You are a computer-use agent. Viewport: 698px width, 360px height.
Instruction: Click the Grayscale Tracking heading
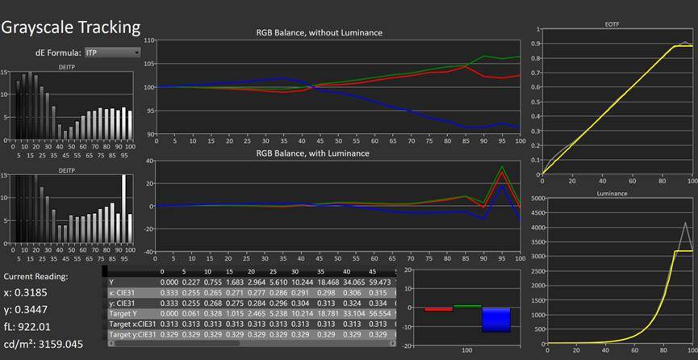tap(71, 27)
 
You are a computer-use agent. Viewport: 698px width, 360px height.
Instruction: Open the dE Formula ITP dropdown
tap(112, 52)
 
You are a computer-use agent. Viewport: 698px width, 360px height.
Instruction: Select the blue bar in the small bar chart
tap(496, 319)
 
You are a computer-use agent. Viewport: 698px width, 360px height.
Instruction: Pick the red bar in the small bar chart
tap(438, 308)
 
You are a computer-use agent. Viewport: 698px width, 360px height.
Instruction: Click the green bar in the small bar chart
tap(467, 306)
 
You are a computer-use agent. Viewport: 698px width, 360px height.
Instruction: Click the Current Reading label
tap(36, 276)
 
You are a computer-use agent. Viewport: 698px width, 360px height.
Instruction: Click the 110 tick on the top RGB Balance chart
tap(148, 40)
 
